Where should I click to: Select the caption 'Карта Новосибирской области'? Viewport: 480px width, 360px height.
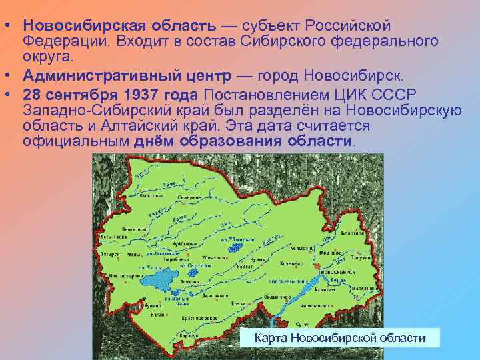coord(340,338)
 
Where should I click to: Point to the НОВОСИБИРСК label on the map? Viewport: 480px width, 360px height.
coord(337,273)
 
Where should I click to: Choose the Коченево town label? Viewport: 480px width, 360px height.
coord(293,265)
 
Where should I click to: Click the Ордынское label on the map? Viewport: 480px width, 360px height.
coord(276,298)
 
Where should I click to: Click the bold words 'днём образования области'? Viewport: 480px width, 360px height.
coord(243,141)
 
